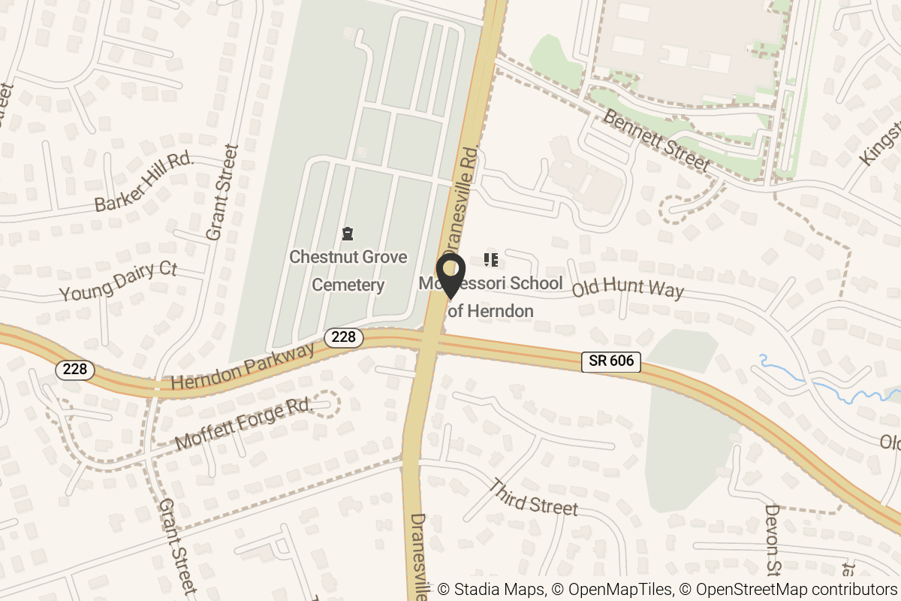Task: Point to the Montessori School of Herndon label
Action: (492, 297)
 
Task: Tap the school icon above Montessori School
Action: (492, 261)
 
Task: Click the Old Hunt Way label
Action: (628, 288)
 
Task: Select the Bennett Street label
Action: (655, 140)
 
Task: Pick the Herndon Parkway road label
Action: (243, 367)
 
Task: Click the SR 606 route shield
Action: (611, 361)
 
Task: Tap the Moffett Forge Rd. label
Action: (243, 424)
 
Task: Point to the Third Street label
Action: (533, 497)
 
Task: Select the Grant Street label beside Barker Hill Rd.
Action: (221, 192)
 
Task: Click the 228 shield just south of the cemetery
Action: (343, 337)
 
